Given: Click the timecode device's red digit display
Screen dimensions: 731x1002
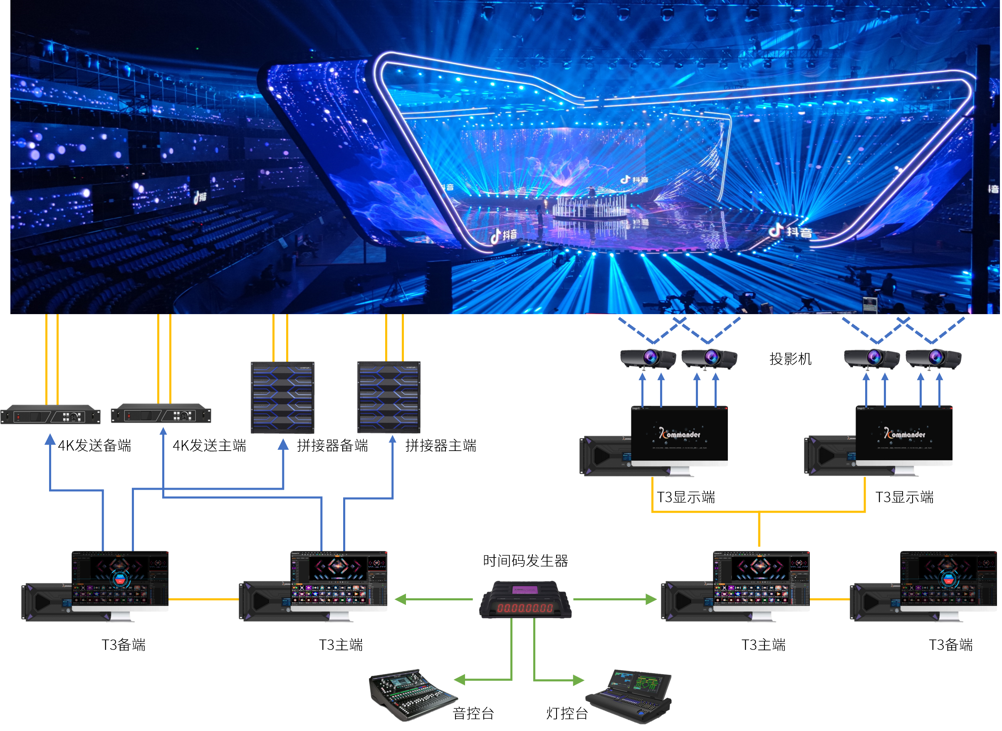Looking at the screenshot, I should coord(525,608).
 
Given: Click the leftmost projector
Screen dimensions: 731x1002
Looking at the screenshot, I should coord(648,358).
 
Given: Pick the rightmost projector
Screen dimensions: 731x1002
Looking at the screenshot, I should coord(933,358).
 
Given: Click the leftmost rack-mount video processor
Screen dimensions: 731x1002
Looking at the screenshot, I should coord(50,415).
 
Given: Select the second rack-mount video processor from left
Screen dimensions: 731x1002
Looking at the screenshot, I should coord(161,415).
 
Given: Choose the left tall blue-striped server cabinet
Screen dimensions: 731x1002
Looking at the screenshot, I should coord(283,397).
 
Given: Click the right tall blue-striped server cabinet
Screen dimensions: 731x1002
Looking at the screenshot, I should coord(389,397).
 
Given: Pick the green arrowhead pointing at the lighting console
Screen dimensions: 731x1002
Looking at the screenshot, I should coord(578,680).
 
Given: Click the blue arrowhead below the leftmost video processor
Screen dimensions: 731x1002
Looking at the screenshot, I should coord(50,439).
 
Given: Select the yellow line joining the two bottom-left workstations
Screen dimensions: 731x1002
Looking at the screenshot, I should coord(203,600).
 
